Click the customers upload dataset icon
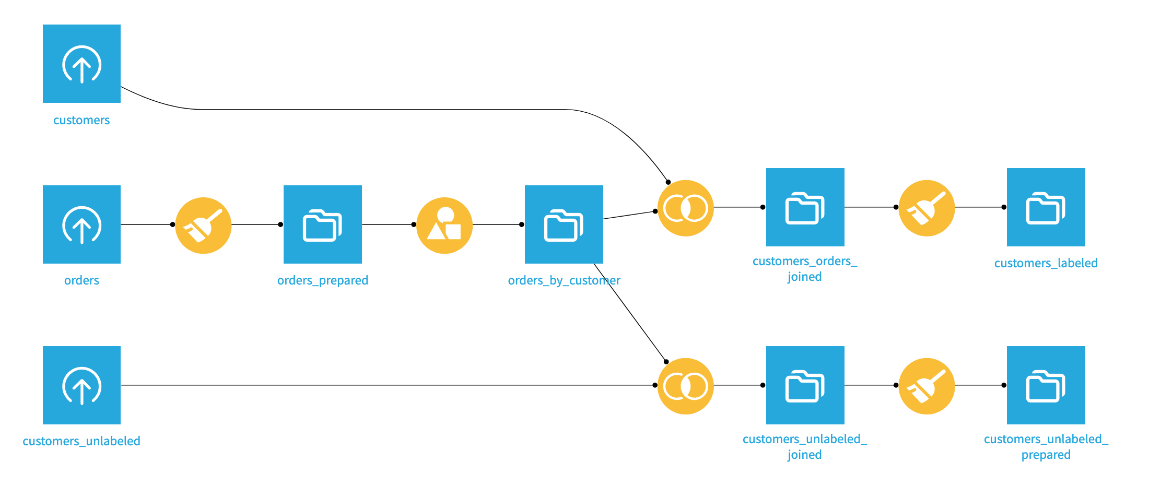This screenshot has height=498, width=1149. coord(81,64)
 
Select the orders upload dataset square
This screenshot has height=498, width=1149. coord(81,224)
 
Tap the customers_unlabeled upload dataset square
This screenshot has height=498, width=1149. coord(81,385)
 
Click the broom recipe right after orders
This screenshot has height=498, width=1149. coord(203,226)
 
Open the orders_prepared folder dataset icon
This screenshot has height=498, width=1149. coord(322,224)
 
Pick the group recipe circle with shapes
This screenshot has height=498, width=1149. coord(444,226)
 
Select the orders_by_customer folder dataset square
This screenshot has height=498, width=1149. coord(564,224)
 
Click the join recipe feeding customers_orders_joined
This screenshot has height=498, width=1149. coord(685,208)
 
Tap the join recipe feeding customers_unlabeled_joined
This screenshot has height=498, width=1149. coord(685,386)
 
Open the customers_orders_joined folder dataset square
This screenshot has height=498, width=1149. coord(805,207)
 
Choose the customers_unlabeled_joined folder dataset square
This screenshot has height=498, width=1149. coord(805,385)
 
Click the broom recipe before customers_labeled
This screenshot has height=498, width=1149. coord(927,208)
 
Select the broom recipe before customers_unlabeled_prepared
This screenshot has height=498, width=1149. coord(927,386)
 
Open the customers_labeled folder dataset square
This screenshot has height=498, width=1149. coord(1046,207)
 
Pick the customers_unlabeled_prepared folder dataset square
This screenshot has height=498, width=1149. coord(1046,385)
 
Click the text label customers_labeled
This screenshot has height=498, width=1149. coord(1046,263)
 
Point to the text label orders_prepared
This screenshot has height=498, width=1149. coord(322,280)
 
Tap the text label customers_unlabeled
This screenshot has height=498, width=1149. coord(81,441)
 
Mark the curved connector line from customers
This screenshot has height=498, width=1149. coord(366,110)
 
